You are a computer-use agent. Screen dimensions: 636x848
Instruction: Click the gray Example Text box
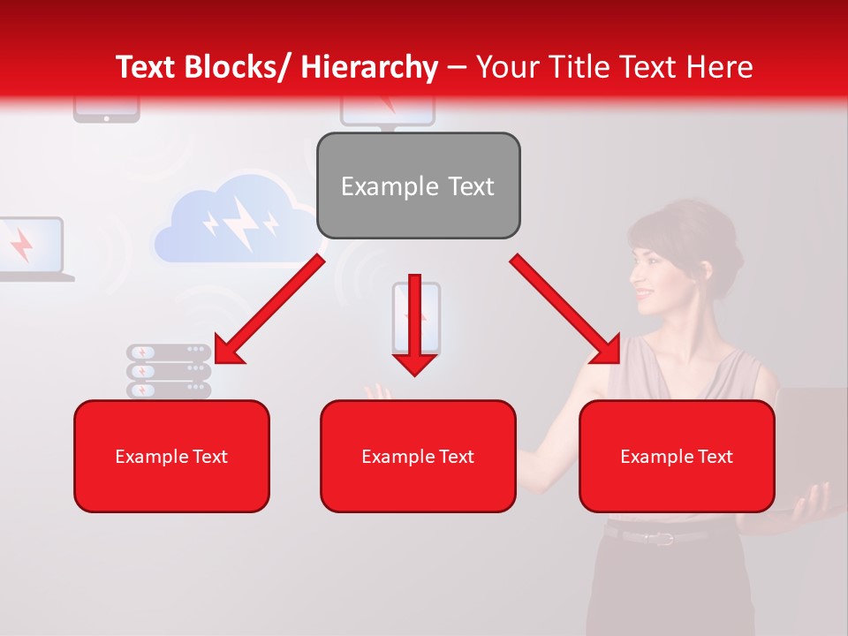(418, 185)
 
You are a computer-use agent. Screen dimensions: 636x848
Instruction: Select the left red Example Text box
(171, 456)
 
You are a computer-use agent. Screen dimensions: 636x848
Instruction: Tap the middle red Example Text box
(418, 456)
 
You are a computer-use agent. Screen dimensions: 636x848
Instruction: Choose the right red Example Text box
(677, 456)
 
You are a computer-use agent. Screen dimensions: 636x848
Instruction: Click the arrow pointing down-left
(269, 309)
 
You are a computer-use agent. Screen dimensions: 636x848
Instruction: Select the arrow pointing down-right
(565, 309)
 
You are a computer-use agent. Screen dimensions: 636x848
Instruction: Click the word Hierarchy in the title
(369, 67)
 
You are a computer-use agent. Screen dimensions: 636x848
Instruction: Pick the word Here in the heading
(722, 67)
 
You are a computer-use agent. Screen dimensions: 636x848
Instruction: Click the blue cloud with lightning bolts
(234, 221)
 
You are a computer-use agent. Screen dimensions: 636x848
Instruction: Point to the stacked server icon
(169, 371)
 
